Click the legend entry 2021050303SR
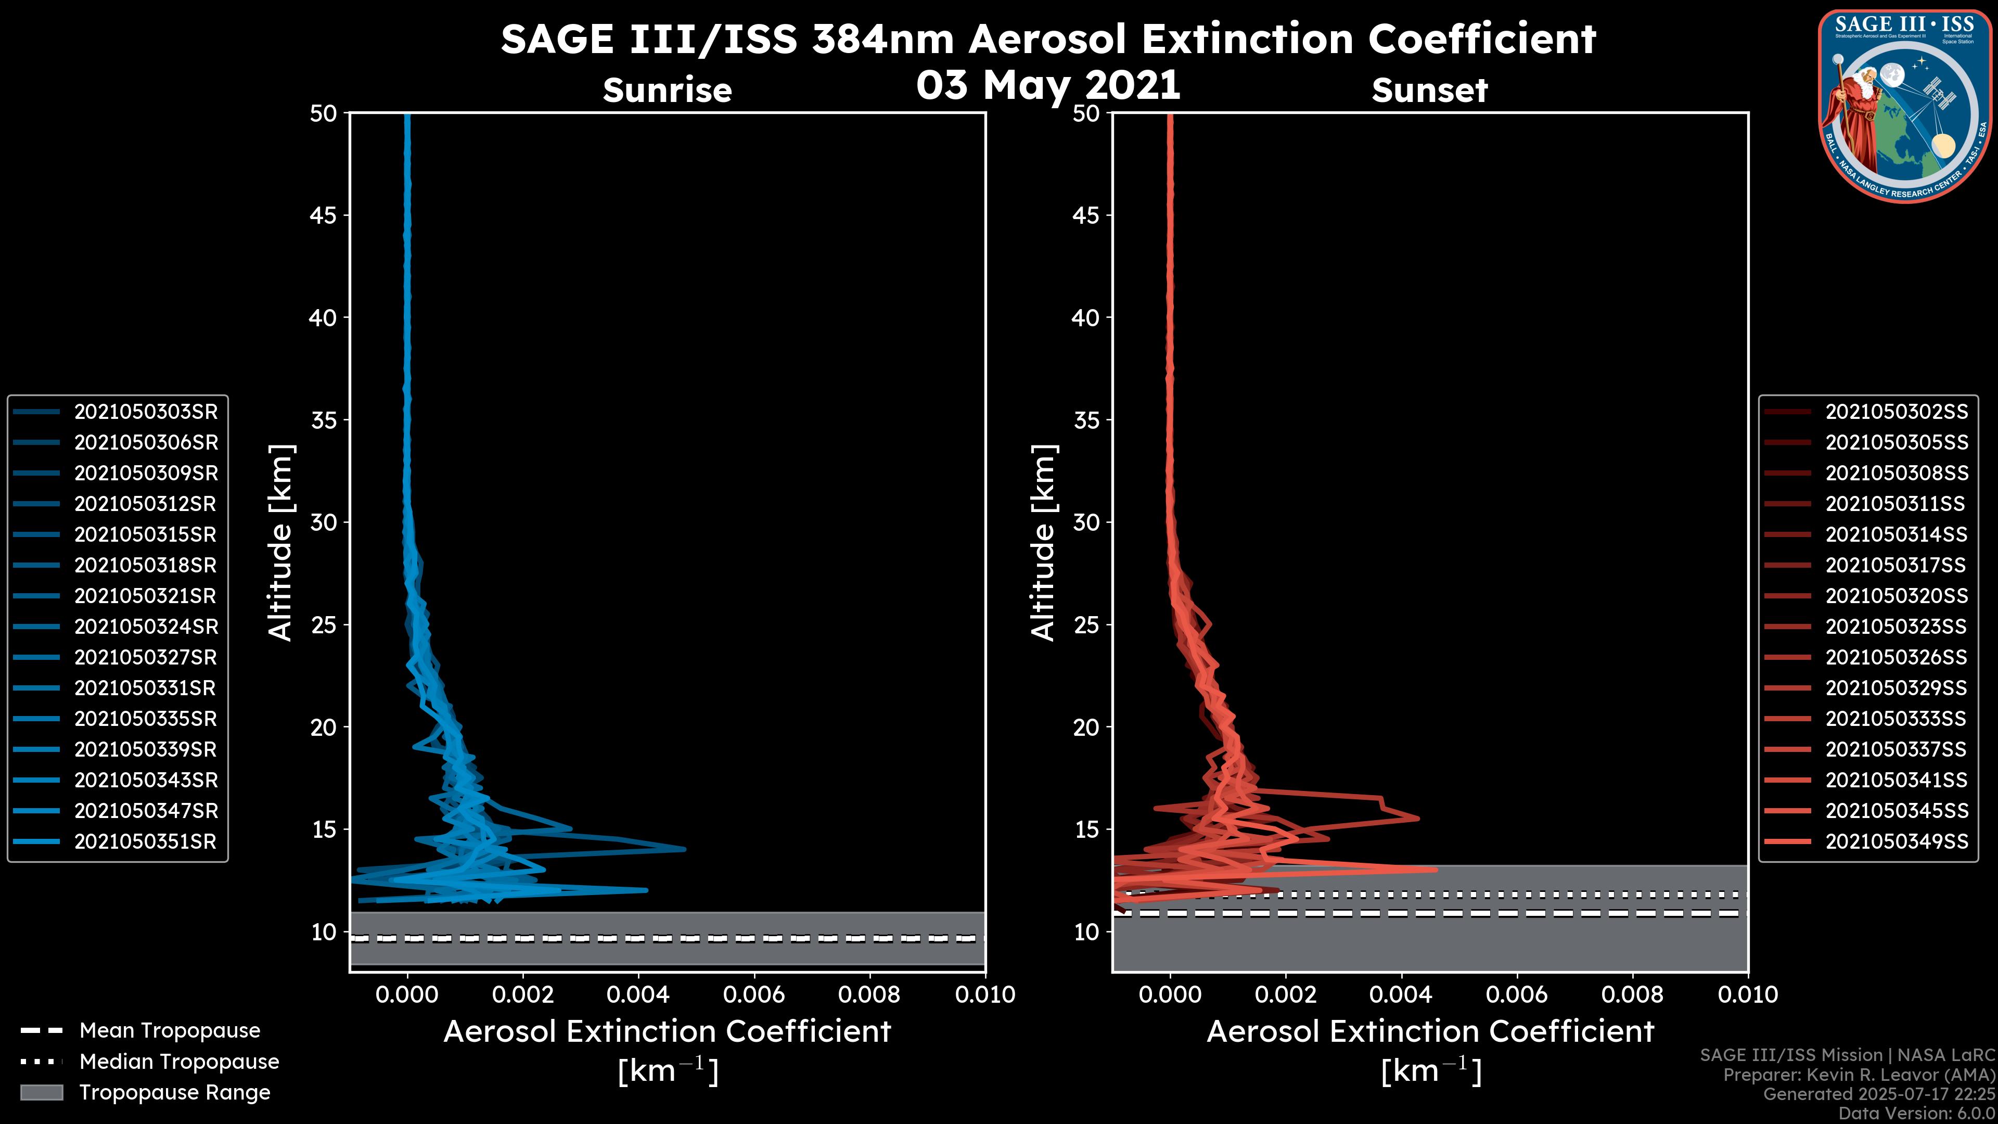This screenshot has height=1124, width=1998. click(x=146, y=412)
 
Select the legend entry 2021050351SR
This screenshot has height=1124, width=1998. click(x=145, y=841)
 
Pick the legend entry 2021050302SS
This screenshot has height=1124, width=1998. click(x=1897, y=412)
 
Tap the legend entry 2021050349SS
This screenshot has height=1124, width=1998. click(x=1897, y=841)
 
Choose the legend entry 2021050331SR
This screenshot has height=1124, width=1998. click(x=145, y=688)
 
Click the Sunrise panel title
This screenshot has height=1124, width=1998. click(x=667, y=90)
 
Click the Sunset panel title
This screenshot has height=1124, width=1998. click(x=1429, y=91)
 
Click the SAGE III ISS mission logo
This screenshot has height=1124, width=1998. click(x=1903, y=106)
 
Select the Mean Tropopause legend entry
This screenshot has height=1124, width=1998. click(x=170, y=1031)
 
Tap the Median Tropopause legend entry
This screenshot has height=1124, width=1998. click(x=179, y=1062)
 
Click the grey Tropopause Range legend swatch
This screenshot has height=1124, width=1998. click(x=41, y=1092)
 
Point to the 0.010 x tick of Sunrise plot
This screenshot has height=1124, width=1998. click(x=985, y=994)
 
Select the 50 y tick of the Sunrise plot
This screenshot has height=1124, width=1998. click(x=324, y=114)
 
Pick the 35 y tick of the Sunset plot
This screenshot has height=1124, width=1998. click(x=1086, y=420)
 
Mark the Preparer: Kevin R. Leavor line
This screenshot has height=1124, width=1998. click(x=1859, y=1075)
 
